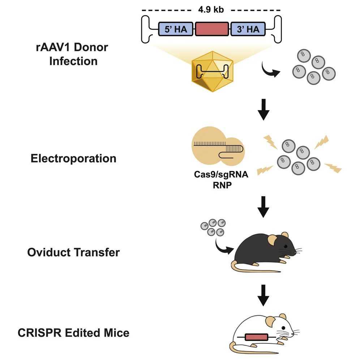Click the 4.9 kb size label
click(x=211, y=9)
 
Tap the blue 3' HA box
click(x=248, y=29)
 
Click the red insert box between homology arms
click(x=212, y=29)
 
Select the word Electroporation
click(x=73, y=158)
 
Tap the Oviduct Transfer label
click(x=73, y=252)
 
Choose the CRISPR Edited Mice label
click(x=73, y=332)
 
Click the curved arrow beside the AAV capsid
click(x=270, y=71)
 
